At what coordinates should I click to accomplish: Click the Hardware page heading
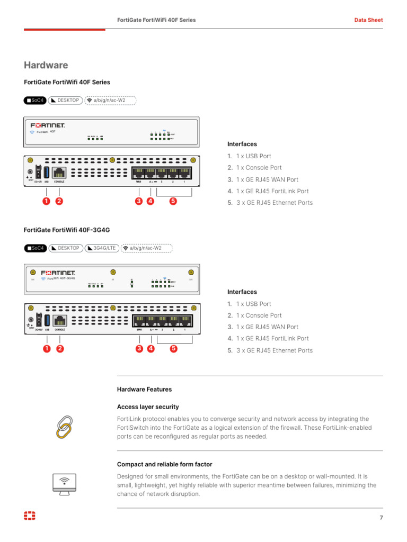coord(46,66)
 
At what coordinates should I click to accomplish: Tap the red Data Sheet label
coord(368,20)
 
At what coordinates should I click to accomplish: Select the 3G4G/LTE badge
coord(102,248)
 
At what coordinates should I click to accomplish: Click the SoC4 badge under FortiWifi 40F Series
coord(36,100)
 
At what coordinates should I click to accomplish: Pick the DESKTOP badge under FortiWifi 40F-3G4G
coord(66,248)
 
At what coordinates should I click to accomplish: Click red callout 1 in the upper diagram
coord(47,201)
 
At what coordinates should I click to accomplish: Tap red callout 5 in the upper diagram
coord(173,201)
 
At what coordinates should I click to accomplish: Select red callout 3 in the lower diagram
coord(139,349)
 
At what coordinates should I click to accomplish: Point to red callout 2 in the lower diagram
coord(60,349)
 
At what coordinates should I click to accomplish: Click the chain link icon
coord(64,428)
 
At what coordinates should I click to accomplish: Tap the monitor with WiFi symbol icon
coord(64,484)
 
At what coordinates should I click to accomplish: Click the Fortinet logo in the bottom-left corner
coord(30,517)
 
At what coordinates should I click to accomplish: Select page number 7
coord(381,518)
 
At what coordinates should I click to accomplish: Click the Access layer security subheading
coord(148,407)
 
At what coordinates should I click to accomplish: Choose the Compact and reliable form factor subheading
coord(164,464)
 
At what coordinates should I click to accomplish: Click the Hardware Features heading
coord(144,390)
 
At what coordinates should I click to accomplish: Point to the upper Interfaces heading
coord(242,144)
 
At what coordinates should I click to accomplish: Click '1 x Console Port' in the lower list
coord(259,315)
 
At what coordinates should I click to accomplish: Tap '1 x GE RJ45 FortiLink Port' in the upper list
coord(272,191)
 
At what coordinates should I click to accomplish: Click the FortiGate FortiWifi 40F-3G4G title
coord(67,230)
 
